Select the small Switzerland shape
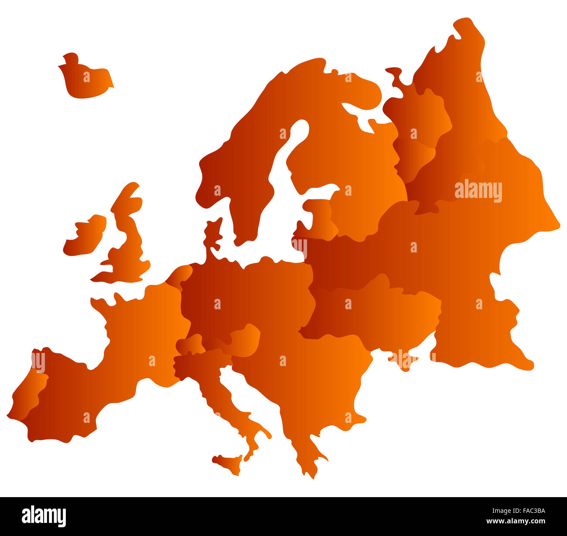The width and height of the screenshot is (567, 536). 190,345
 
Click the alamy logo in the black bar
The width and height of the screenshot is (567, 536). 44,516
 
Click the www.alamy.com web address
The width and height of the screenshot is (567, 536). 516,521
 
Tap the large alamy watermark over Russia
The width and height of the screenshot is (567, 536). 478,191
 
